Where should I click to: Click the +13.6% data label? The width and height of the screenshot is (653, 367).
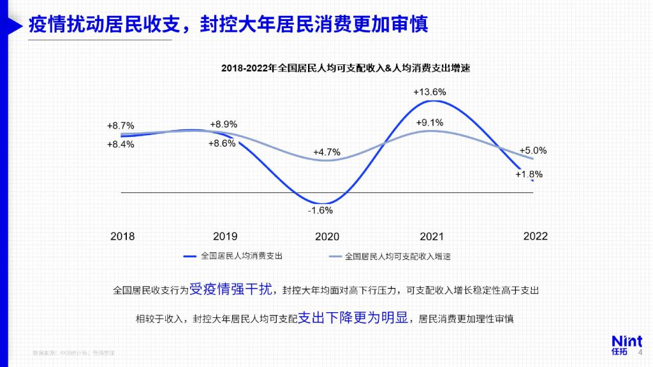[x=429, y=92]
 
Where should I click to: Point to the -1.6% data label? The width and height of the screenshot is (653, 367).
[x=321, y=210]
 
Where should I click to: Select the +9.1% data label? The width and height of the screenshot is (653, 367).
[x=429, y=122]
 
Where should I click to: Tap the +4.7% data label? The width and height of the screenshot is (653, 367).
[x=326, y=152]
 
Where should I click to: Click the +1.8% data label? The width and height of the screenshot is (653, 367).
[x=529, y=174]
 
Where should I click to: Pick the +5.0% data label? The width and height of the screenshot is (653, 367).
[x=533, y=151]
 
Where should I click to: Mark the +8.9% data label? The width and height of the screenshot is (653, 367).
[x=223, y=124]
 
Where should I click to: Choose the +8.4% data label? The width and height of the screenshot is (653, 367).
[x=121, y=144]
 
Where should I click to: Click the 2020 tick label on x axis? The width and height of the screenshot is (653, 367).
[x=327, y=236]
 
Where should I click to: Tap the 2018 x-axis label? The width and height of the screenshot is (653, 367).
[x=122, y=236]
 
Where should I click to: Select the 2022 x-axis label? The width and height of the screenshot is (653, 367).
[x=535, y=236]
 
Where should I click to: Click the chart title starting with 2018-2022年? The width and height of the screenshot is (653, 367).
[x=345, y=68]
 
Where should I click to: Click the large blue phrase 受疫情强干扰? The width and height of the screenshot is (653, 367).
[x=231, y=289]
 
